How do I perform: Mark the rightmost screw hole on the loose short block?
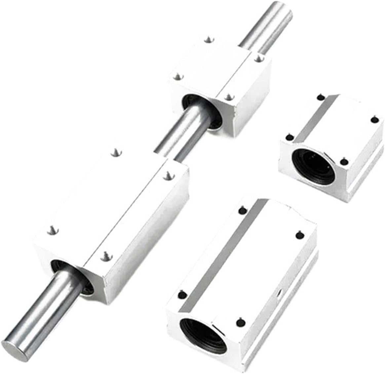tap(374, 119)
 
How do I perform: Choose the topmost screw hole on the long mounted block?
tap(116, 152)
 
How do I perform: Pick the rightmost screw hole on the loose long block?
tap(299, 234)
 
